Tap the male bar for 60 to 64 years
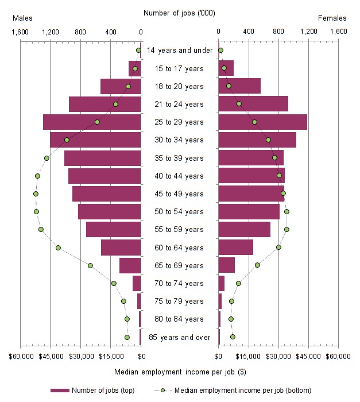[121, 248]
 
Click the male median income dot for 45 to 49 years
[36, 194]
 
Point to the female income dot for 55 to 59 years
[287, 229]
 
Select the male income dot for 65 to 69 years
[90, 265]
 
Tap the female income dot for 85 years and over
[233, 337]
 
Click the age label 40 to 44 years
[179, 176]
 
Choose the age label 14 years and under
[179, 51]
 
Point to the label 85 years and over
[179, 337]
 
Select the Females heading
[332, 18]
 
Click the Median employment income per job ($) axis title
[179, 372]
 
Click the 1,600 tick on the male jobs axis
[20, 32]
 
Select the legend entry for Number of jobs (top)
[92, 391]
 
